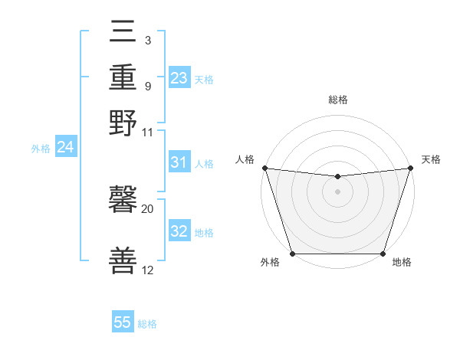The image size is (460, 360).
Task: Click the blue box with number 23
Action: (x=179, y=78)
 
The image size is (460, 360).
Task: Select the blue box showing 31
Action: (x=179, y=162)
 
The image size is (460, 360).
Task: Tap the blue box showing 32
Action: (x=179, y=231)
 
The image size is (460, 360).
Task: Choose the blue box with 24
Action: (x=65, y=147)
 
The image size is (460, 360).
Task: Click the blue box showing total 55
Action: (x=123, y=322)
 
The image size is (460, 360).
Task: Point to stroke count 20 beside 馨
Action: (x=148, y=208)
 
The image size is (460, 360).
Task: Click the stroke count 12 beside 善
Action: (x=148, y=270)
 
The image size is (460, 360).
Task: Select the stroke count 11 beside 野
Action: (x=148, y=132)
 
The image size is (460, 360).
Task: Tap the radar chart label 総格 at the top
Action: (x=337, y=100)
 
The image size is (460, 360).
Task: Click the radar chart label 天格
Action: (x=431, y=159)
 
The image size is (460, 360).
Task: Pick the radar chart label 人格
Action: (x=245, y=159)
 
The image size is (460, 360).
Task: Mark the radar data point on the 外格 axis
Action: (x=293, y=253)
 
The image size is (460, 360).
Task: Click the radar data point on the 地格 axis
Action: (x=383, y=253)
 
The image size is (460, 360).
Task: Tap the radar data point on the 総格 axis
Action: (x=337, y=177)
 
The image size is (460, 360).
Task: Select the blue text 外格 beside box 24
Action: (x=41, y=149)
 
